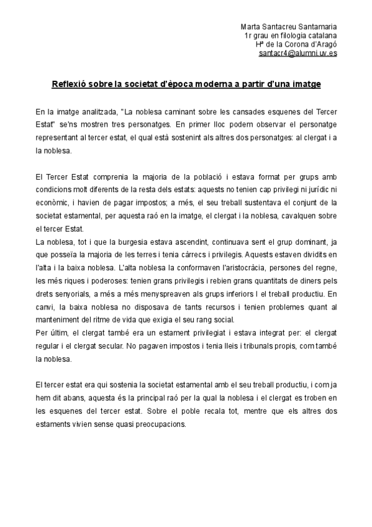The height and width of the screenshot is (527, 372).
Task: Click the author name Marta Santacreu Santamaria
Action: coord(289,27)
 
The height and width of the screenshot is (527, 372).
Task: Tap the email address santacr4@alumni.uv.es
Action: coord(297,53)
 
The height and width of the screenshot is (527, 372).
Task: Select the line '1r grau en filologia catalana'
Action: coord(291,36)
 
